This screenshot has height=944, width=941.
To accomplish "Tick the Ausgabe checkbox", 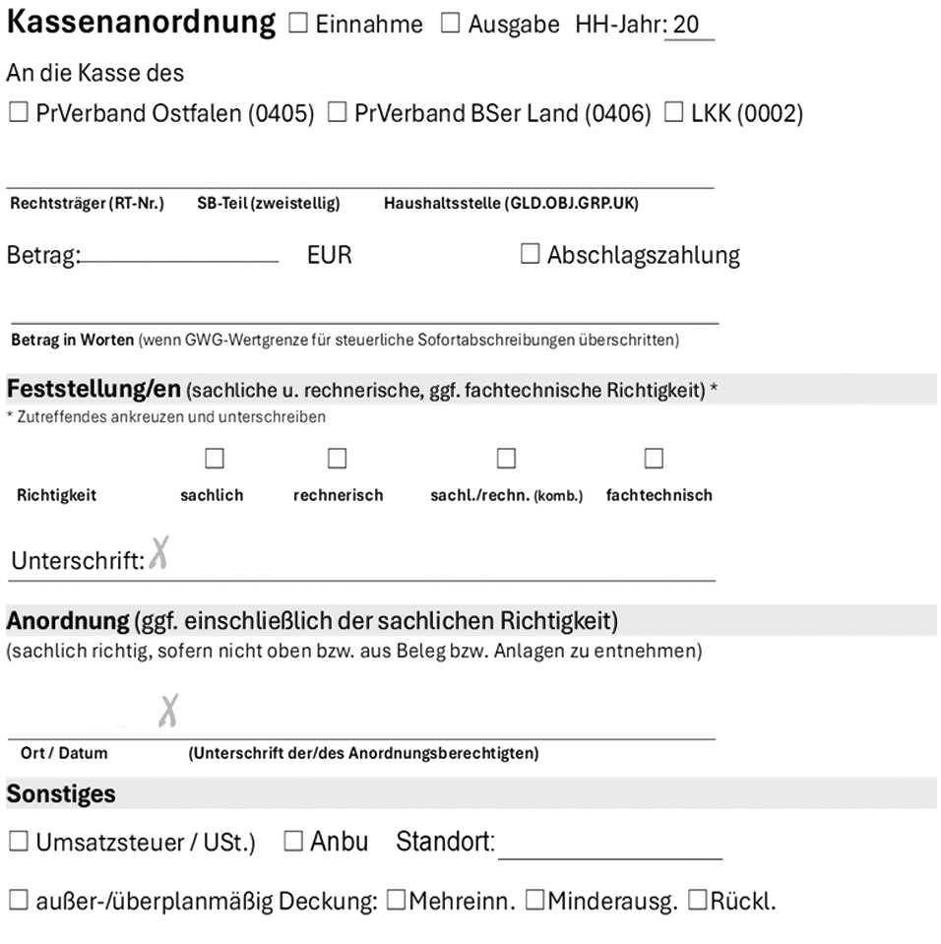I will click(450, 26).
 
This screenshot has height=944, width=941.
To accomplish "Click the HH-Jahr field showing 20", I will click(688, 26).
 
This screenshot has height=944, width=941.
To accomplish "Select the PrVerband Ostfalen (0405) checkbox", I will click(18, 114).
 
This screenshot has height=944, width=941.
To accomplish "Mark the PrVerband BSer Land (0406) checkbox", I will click(337, 114).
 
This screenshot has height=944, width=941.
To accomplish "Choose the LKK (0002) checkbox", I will click(674, 114).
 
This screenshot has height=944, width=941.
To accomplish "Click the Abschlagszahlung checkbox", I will click(530, 255).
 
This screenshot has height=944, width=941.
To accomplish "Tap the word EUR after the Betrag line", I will click(329, 256).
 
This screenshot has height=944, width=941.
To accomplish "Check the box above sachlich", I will click(213, 459).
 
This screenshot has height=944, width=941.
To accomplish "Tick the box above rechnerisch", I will click(338, 459).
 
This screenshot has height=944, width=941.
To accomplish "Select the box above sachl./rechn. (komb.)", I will click(506, 459).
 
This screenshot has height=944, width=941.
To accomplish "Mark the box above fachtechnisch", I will click(654, 459).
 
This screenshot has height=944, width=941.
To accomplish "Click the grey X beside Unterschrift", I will click(159, 557).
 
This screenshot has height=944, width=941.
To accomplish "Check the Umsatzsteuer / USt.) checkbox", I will click(18, 842).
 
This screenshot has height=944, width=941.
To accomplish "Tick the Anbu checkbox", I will click(293, 842).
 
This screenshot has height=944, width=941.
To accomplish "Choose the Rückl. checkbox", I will click(697, 901).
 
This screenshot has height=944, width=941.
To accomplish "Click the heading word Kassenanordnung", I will click(142, 24).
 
